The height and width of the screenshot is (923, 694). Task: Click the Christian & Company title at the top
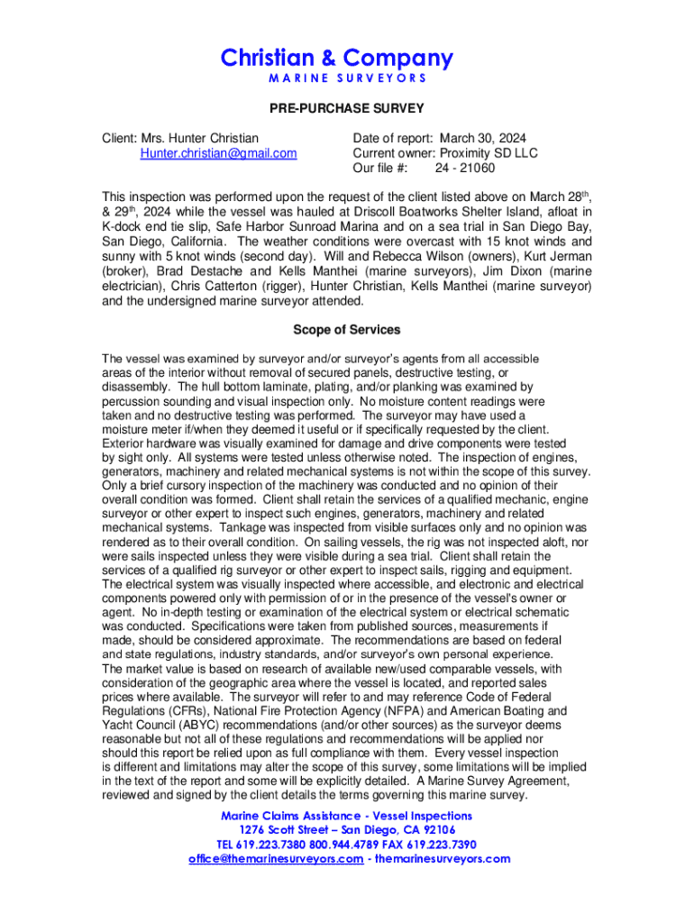pos(337,59)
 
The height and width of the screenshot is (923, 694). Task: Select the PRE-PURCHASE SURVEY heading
pos(347,109)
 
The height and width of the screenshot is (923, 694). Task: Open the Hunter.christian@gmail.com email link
pos(218,153)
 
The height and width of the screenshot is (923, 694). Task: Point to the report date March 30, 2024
pos(483,139)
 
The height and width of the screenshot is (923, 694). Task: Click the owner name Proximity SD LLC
pos(489,153)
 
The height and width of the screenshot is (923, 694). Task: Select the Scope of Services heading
pos(347,330)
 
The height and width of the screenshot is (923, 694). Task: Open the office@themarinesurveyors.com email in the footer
pos(274,858)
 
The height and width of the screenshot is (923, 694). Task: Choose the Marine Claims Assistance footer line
pos(347,815)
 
